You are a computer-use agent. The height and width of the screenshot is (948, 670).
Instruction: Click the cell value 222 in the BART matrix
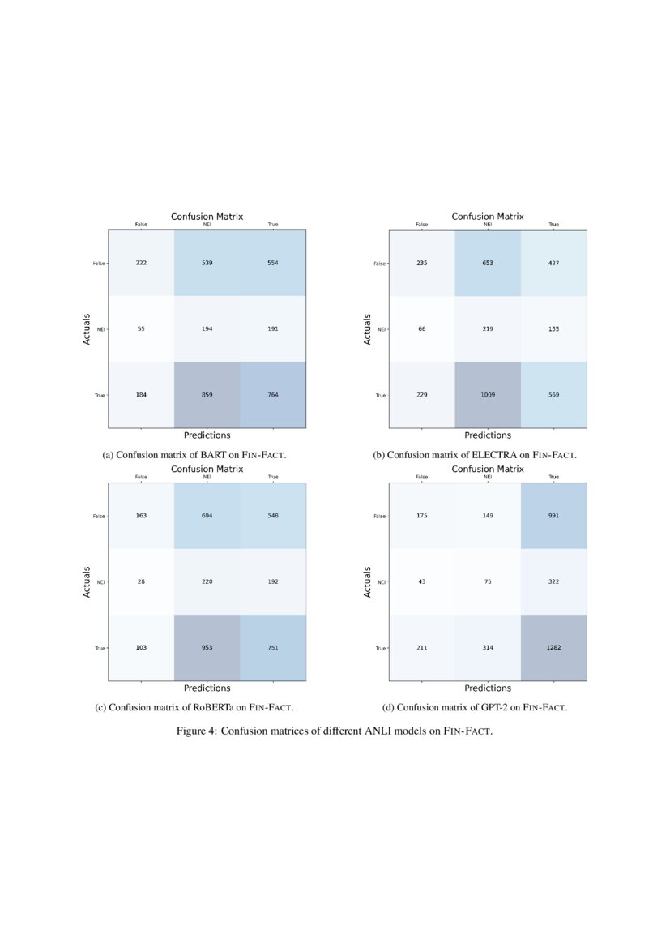141,264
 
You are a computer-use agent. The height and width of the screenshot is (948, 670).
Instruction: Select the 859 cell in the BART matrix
207,395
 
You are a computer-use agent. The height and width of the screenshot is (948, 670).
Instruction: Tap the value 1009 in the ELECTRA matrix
488,395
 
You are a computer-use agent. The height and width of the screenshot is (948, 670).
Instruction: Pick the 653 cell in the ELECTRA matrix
488,264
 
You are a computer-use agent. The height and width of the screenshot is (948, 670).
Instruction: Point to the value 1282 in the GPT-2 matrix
553,648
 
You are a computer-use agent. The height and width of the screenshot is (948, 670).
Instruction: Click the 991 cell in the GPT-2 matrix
553,517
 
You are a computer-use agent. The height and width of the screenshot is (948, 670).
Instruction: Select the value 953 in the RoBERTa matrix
207,648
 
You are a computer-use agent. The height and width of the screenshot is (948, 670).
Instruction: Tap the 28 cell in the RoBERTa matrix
141,582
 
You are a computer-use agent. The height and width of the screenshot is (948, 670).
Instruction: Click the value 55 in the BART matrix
141,329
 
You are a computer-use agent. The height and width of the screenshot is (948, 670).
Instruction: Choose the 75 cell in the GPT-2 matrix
488,582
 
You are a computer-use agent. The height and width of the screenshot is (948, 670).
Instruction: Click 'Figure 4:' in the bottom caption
196,731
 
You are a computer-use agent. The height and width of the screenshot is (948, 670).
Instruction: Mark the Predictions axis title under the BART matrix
207,435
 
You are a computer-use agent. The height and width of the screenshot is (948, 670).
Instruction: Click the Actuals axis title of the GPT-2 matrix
368,582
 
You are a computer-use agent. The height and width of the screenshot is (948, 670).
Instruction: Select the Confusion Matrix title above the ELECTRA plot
488,217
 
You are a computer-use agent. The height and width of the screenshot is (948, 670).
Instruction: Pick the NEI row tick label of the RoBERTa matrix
101,582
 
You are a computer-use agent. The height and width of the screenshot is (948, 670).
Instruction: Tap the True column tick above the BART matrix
272,225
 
